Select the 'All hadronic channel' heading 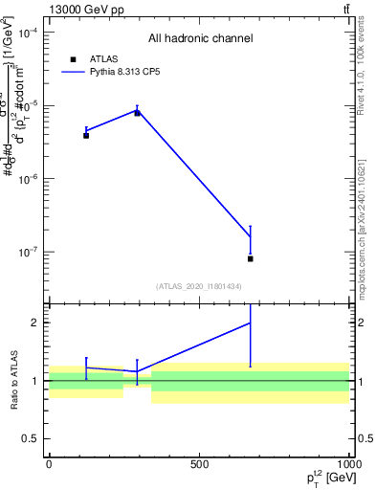pos(200,39)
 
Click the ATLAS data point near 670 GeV pos(250,258)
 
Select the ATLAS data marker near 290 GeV pos(137,113)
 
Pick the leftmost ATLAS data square pos(86,135)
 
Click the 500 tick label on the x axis pos(199,465)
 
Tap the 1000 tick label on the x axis pos(349,465)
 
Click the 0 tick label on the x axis pos(49,465)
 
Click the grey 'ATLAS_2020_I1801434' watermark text pos(198,286)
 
